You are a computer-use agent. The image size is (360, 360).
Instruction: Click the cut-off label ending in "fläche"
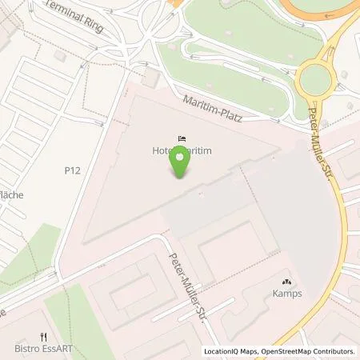click(x=10, y=194)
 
